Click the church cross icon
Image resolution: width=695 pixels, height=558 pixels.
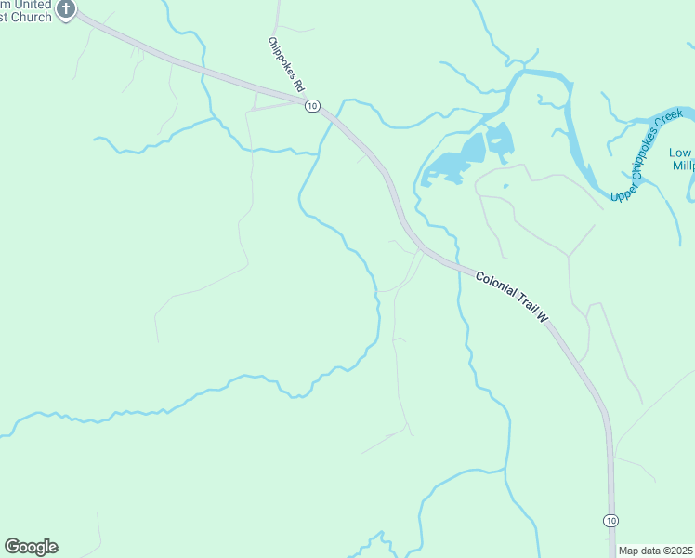[65, 9]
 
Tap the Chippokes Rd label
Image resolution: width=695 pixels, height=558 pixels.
[286, 64]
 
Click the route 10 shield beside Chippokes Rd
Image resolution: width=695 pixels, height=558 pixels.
[312, 106]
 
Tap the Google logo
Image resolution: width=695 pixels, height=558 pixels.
[31, 547]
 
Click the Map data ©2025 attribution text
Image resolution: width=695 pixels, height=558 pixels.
[655, 551]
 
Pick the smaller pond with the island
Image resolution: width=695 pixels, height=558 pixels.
[499, 140]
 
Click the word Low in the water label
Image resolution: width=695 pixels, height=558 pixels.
[681, 153]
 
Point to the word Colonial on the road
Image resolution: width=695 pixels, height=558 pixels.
[492, 285]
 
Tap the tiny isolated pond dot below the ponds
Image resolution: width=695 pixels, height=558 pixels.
[505, 185]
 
